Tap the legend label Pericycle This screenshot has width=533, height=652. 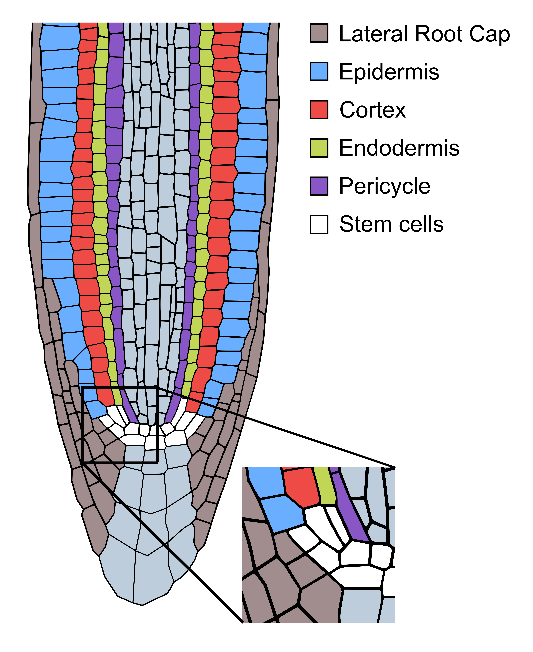click(384, 186)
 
